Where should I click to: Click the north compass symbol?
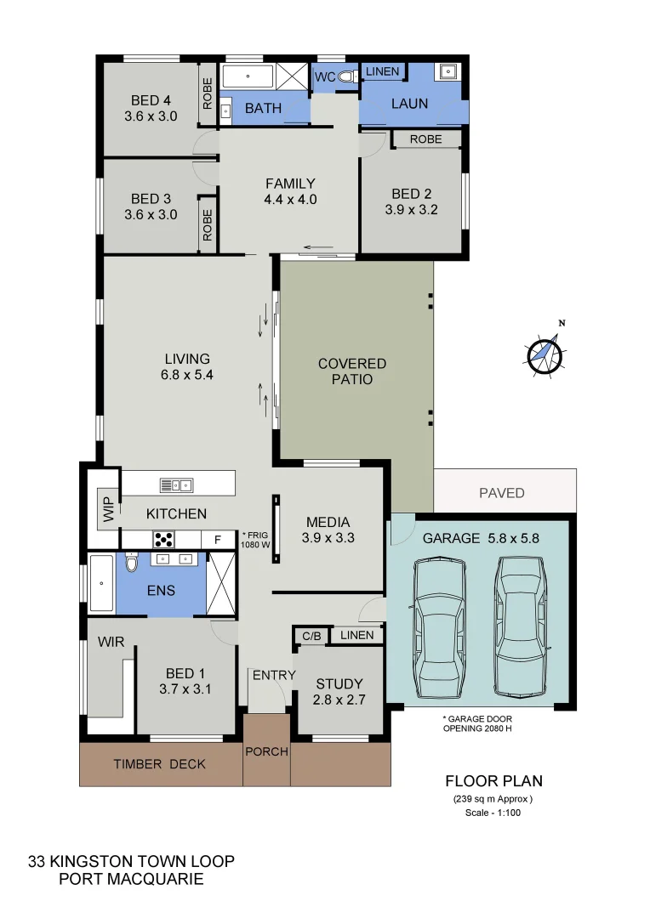coord(545,354)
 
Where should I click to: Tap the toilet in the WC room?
coord(345,76)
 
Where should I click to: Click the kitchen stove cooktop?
coord(163,539)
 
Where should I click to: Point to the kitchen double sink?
coord(176,485)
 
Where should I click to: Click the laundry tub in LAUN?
coord(448,72)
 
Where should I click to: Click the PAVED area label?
coord(502,493)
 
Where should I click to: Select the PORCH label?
coord(266,751)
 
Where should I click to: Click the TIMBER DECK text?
coord(160,764)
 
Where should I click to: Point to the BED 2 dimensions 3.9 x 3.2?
coord(412,210)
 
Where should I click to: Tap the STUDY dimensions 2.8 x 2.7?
coord(339,700)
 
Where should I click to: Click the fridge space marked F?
coord(218,539)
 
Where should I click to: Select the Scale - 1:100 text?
coord(493,813)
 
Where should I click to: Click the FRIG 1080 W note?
coord(255,541)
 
